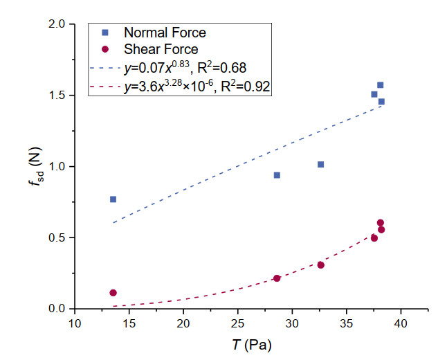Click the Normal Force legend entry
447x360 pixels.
pos(164,33)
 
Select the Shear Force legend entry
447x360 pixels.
pos(161,49)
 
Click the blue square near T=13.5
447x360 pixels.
pos(113,199)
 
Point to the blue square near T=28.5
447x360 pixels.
pos(277,175)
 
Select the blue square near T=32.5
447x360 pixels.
pos(320,164)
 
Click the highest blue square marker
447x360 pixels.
pos(380,85)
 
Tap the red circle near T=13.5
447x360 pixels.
pos(113,293)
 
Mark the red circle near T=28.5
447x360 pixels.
pos(277,278)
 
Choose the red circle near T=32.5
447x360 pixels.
pos(320,265)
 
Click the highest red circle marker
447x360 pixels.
pos(380,223)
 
